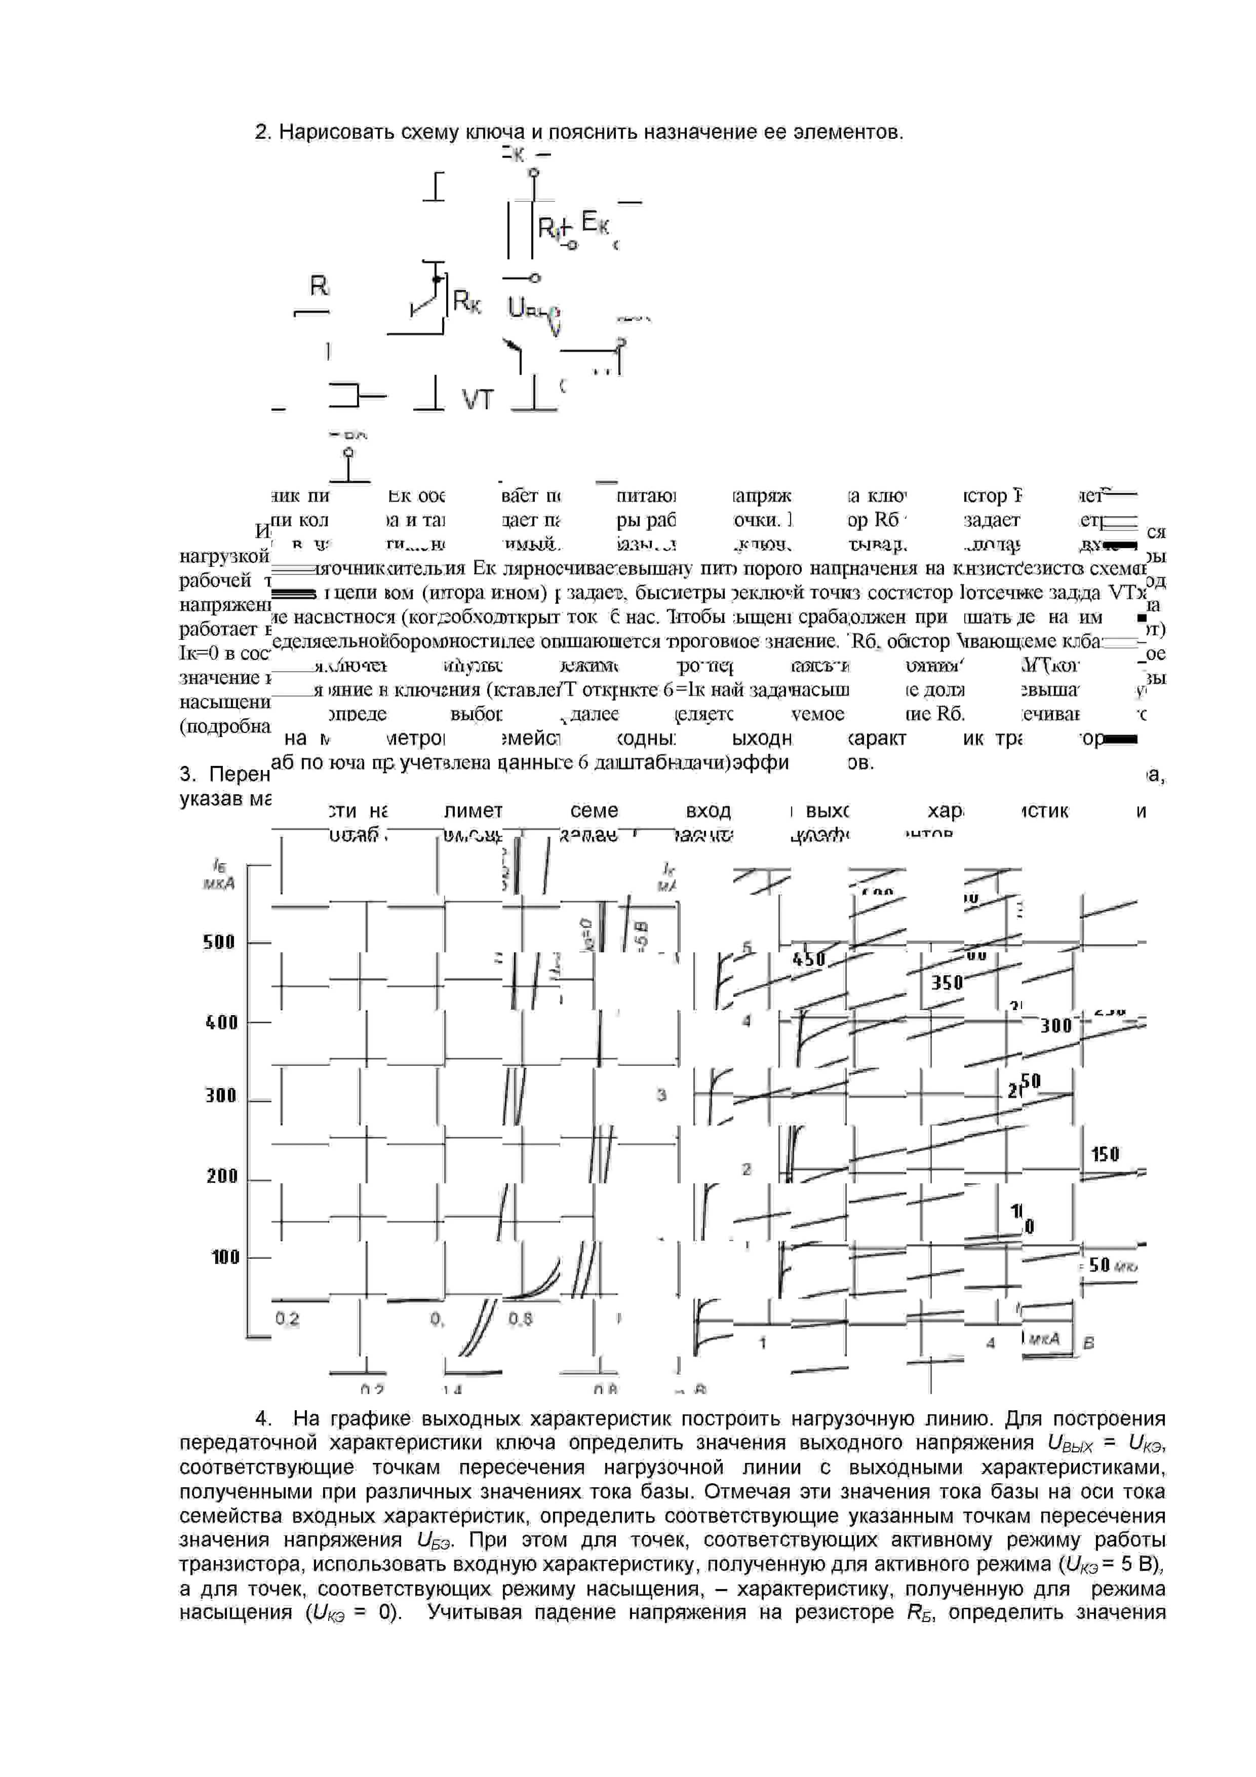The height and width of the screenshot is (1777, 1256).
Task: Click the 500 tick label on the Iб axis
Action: coord(219,942)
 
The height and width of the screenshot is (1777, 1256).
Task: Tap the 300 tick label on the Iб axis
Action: coord(220,1095)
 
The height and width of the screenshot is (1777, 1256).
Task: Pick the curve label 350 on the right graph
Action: coord(947,983)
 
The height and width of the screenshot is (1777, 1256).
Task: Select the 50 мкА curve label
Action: coord(1111,1265)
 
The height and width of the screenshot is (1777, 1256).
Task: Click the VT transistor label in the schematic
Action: coord(478,400)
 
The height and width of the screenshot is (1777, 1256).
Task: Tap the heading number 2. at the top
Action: coord(263,132)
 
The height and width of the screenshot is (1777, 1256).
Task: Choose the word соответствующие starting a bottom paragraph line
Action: coord(267,1467)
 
